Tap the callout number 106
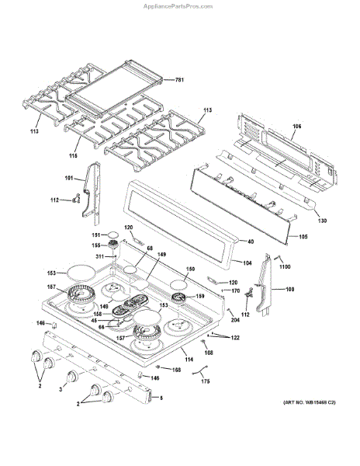296,126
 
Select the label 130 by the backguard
322,221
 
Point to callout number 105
303,236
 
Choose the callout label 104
248,263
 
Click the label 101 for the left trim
68,178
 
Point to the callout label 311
100,256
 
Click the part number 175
205,381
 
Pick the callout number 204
234,319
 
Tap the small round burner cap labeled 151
113,233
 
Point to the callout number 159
199,295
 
